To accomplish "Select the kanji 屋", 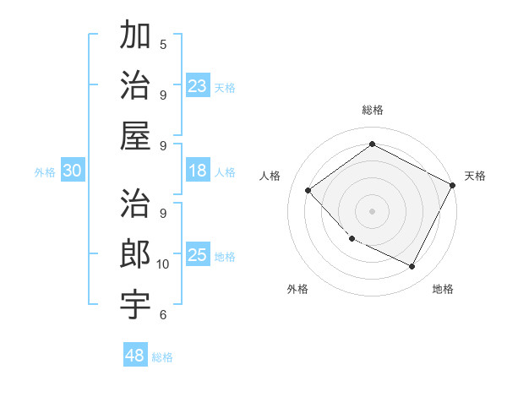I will (136, 134).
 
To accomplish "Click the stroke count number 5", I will (163, 44).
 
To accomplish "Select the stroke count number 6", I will (163, 315).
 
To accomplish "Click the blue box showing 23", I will (198, 85).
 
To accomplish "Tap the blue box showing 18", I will (198, 171).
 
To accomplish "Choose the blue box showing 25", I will (198, 255).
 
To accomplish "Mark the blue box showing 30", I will (73, 171).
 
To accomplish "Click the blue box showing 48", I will (135, 356).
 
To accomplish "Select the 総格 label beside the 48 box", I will (163, 357).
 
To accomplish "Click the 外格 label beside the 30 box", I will (45, 172).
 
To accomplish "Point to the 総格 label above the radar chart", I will (373, 110).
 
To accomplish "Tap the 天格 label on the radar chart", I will (475, 176).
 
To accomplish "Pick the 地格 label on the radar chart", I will (443, 289).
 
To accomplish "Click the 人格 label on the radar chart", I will (270, 176).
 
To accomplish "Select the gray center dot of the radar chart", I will (372, 210).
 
